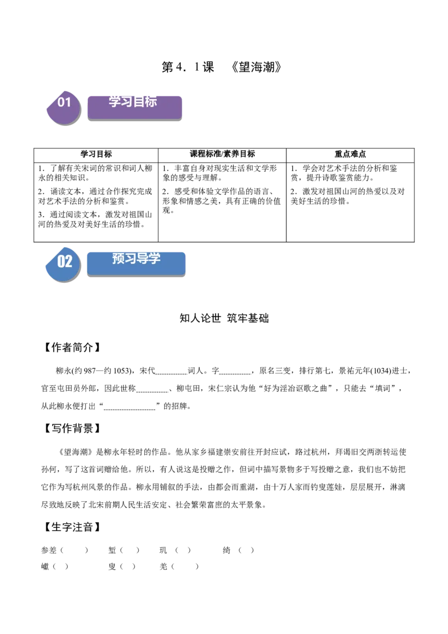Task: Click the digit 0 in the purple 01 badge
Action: (61, 102)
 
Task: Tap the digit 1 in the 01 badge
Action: (68, 102)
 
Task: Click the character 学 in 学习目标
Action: (115, 101)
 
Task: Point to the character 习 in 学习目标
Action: (127, 101)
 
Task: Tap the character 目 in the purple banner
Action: (139, 101)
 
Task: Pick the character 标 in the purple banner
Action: (151, 101)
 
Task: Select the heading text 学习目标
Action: (133, 101)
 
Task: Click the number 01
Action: (64, 102)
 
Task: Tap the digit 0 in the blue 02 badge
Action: (61, 262)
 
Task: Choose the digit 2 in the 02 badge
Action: (68, 262)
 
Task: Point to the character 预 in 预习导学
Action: (118, 259)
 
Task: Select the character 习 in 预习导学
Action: (130, 259)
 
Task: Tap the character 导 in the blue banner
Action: (142, 259)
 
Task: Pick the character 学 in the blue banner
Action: (155, 259)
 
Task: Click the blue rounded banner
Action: (136, 269)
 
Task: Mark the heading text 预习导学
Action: (136, 259)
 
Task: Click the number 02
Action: (64, 262)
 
